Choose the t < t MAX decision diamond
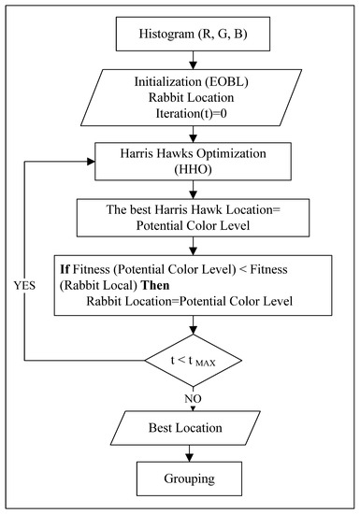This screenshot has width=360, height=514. tap(193, 361)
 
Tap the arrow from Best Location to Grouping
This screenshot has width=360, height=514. tap(193, 452)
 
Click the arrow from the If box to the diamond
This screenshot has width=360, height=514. tap(193, 326)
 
